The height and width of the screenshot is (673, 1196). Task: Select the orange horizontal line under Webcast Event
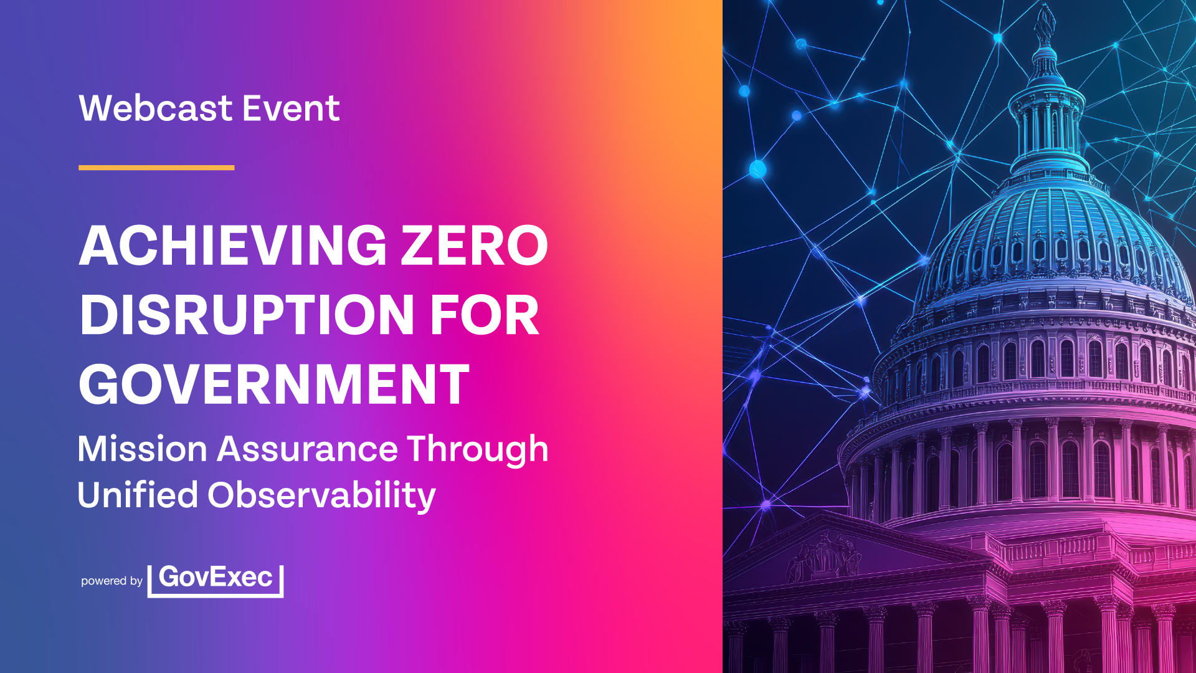tap(156, 168)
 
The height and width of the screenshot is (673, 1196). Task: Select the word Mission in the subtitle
tap(143, 449)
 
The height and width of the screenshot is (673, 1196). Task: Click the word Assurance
tap(307, 449)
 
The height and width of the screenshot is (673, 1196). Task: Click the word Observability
tap(321, 496)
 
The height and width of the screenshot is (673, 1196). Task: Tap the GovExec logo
tap(216, 581)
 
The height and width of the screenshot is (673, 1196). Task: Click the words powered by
tap(112, 581)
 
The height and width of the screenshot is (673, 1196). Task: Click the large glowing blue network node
tap(757, 169)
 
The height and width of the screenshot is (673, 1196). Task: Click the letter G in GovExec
tap(170, 576)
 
